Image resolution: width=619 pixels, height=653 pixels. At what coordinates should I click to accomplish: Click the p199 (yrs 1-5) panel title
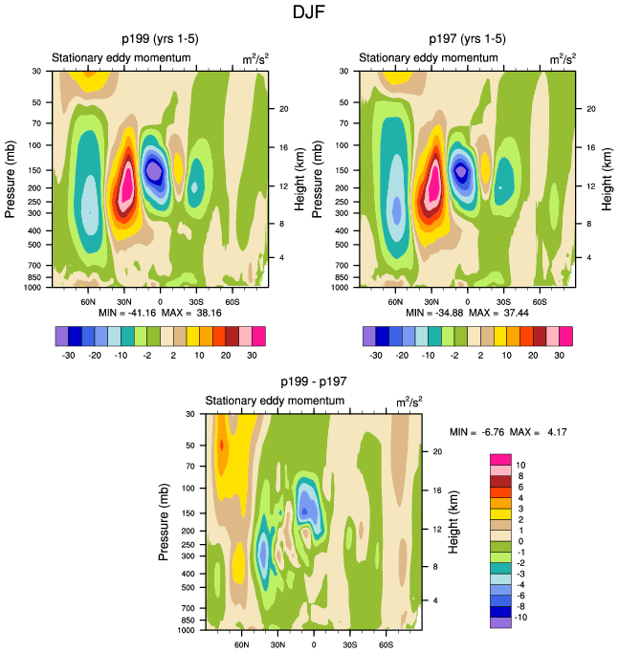tap(159, 39)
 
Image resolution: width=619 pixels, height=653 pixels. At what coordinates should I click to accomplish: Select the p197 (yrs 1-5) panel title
tap(467, 39)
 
